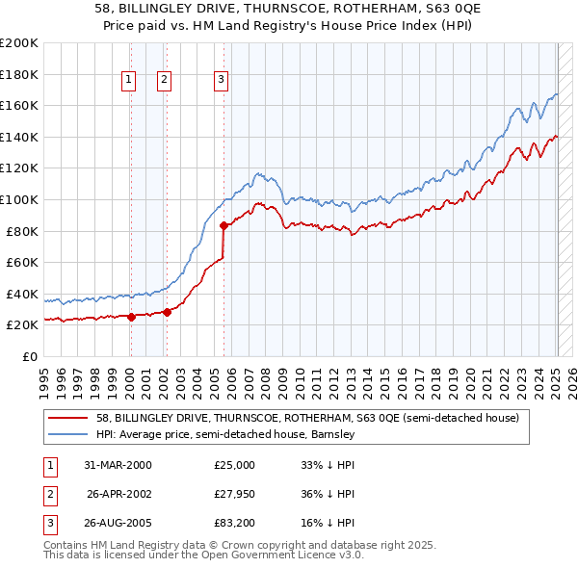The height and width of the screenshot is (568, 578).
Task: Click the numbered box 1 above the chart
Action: (128, 80)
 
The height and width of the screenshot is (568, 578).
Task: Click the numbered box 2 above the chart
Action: (165, 80)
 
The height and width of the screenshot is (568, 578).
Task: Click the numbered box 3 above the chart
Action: (222, 80)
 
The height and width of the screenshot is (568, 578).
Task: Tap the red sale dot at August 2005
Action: (223, 225)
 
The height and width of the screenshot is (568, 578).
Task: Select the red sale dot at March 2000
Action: (131, 317)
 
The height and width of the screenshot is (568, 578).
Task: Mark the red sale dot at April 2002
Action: (167, 312)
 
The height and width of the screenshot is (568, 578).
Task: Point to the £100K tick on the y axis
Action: (19, 199)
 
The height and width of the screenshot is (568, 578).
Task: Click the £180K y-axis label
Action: (19, 74)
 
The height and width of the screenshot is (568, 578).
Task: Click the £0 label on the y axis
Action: (28, 356)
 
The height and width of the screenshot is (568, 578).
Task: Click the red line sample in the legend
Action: (68, 418)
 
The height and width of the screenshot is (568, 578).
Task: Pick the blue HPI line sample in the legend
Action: (68, 434)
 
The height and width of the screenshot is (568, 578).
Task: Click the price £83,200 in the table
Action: (235, 524)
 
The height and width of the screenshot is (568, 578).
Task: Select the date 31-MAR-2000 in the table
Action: (118, 465)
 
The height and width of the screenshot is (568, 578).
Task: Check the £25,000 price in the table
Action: (235, 465)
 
